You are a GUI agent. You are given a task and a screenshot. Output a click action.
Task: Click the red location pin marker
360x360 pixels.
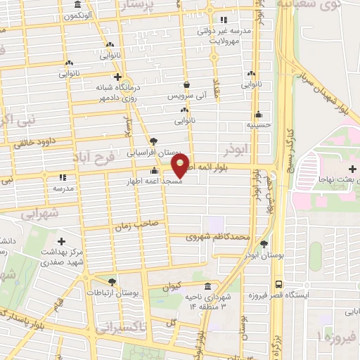(181, 166)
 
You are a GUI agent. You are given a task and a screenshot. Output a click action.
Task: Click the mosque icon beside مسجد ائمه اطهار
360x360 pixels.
(154, 171)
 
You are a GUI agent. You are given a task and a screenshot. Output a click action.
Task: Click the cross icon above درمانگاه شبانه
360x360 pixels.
(117, 77)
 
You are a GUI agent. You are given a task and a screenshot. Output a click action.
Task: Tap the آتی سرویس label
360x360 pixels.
(186, 95)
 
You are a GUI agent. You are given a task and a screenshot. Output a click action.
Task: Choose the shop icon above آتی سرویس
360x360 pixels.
(186, 84)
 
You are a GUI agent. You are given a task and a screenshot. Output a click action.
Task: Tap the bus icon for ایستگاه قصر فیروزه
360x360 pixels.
(279, 285)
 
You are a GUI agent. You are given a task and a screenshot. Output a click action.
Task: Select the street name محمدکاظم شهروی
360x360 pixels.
(218, 238)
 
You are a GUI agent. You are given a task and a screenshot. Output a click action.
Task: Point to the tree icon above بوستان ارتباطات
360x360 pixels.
(112, 281)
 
